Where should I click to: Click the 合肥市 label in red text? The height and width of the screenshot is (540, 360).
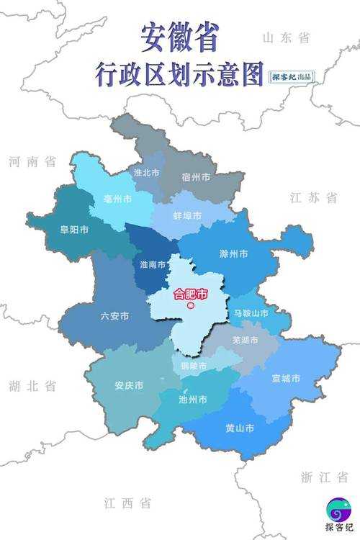point(191,294)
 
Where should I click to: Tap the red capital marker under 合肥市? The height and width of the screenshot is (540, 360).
point(191,306)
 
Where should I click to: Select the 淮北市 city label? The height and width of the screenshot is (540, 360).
point(146,173)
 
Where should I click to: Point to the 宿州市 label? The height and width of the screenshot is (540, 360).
point(196,176)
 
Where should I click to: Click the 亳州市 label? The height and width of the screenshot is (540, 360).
point(117,198)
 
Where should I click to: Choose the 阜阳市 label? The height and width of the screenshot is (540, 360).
point(74,230)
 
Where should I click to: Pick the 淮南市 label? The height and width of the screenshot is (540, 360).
point(151,264)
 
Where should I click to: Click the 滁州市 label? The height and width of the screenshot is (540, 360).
point(233,254)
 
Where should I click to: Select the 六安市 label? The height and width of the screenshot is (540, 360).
point(115,315)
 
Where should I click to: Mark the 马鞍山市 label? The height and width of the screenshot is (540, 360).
point(251,313)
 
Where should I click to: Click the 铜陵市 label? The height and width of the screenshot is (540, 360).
point(193,366)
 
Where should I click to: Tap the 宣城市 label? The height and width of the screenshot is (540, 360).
point(286,378)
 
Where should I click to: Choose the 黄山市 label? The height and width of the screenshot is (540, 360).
point(239,428)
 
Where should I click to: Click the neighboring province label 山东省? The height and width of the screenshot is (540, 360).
point(286,37)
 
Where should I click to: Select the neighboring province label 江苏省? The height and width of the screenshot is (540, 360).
point(313,197)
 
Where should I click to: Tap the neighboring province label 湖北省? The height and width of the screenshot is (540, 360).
point(32,386)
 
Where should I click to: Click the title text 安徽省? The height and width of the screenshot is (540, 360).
point(179,38)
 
